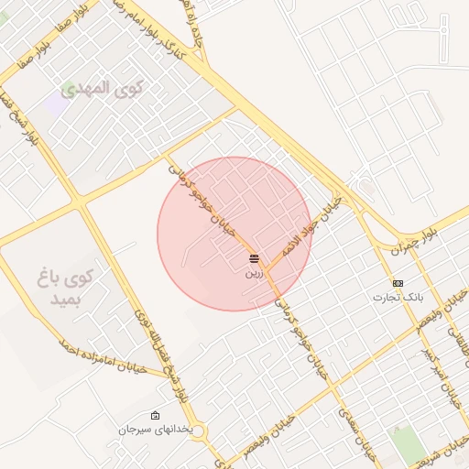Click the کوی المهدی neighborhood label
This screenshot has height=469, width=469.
(104, 89)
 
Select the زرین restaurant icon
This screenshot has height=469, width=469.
(255, 259)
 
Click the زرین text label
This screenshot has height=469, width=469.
(255, 273)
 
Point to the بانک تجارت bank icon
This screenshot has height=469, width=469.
(398, 283)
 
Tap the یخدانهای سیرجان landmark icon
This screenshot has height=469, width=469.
(155, 416)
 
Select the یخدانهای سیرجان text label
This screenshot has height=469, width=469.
(155, 430)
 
